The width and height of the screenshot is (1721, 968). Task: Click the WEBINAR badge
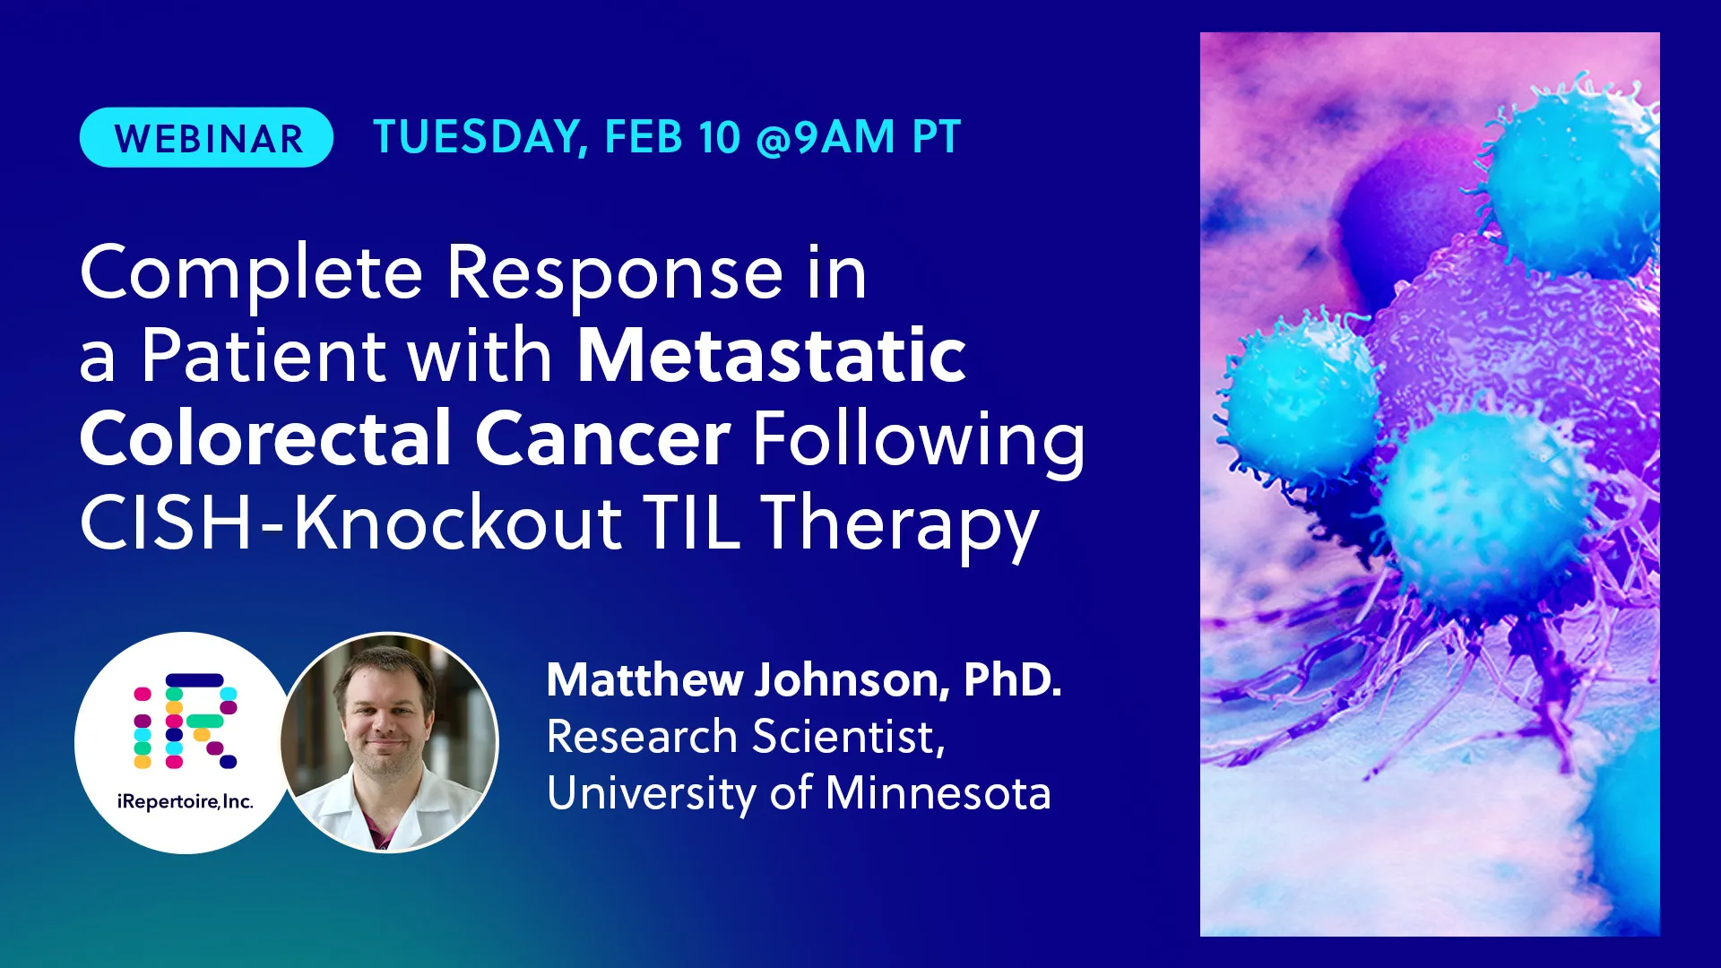coord(206,137)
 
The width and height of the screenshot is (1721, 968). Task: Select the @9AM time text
coord(826,138)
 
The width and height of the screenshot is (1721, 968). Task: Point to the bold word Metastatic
coord(772,355)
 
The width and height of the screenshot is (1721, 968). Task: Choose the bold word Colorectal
coord(265,438)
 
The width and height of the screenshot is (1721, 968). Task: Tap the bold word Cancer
coord(602,439)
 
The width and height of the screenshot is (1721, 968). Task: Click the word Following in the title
coord(919,442)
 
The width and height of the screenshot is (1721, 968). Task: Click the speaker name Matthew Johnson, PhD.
coord(804,679)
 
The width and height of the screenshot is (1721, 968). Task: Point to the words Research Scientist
coord(746,737)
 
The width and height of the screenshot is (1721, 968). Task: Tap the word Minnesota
coord(938,792)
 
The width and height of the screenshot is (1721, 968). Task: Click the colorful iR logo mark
coord(186,721)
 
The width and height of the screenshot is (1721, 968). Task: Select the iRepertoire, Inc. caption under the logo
coord(186,801)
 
